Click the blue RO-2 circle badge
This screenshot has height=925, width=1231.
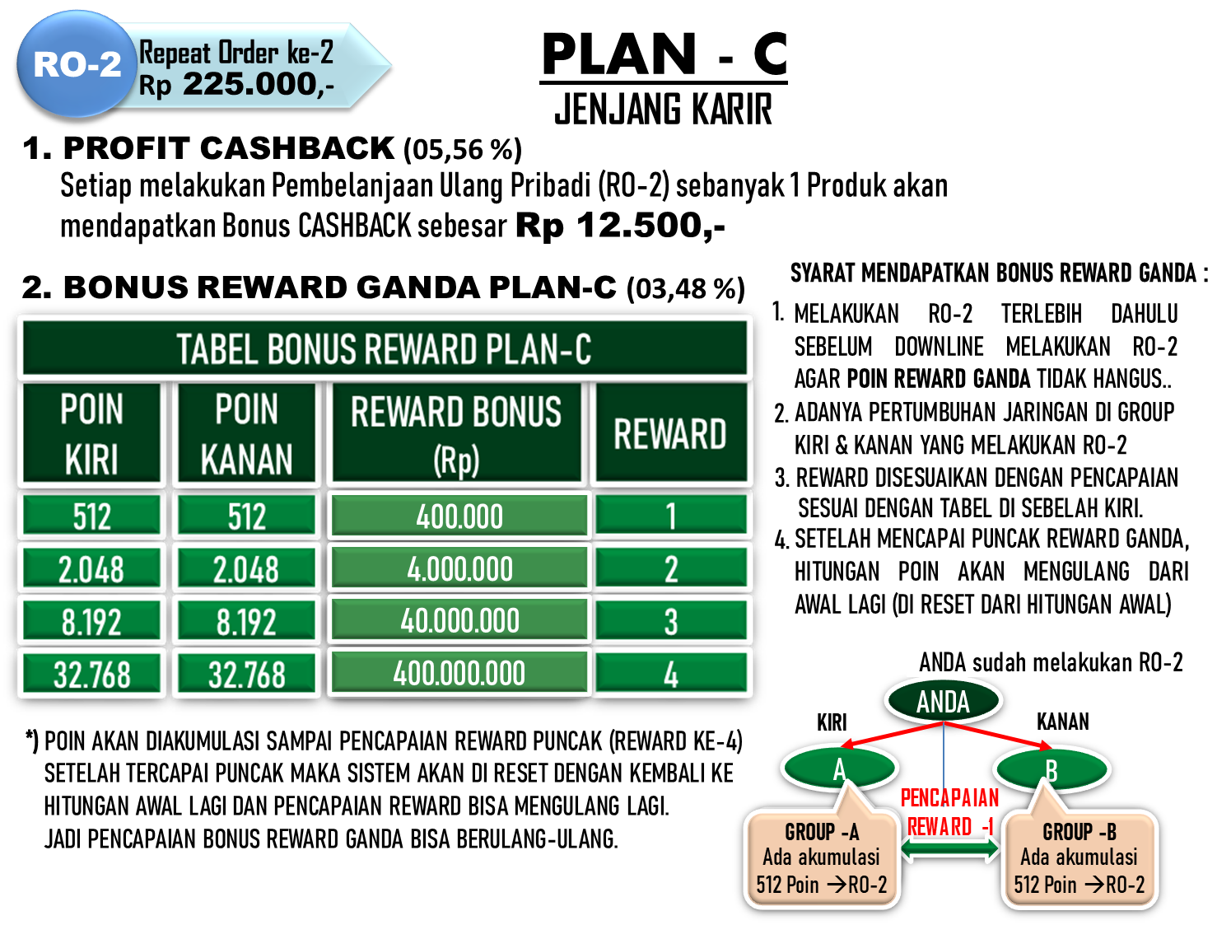click(x=77, y=63)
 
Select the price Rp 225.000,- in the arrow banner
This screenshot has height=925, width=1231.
click(x=236, y=86)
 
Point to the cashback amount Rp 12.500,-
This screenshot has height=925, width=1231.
click(x=620, y=226)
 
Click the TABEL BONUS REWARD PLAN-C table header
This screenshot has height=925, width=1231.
click(x=385, y=348)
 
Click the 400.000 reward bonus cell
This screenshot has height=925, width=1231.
click(x=459, y=515)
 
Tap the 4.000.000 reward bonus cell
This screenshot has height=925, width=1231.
click(x=459, y=568)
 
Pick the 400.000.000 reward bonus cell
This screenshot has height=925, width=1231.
click(x=459, y=673)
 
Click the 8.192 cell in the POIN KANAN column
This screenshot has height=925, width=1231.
click(x=247, y=620)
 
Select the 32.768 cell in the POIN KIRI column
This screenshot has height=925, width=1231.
click(x=92, y=673)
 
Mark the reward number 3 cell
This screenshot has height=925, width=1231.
click(x=671, y=620)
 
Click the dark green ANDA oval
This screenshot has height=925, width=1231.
click(x=944, y=701)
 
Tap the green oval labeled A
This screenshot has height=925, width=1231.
click(x=840, y=768)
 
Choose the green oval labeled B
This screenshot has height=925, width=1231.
click(x=1052, y=769)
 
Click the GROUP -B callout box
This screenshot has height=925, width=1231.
click(x=1079, y=858)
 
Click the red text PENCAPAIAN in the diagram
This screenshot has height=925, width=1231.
click(x=950, y=797)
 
